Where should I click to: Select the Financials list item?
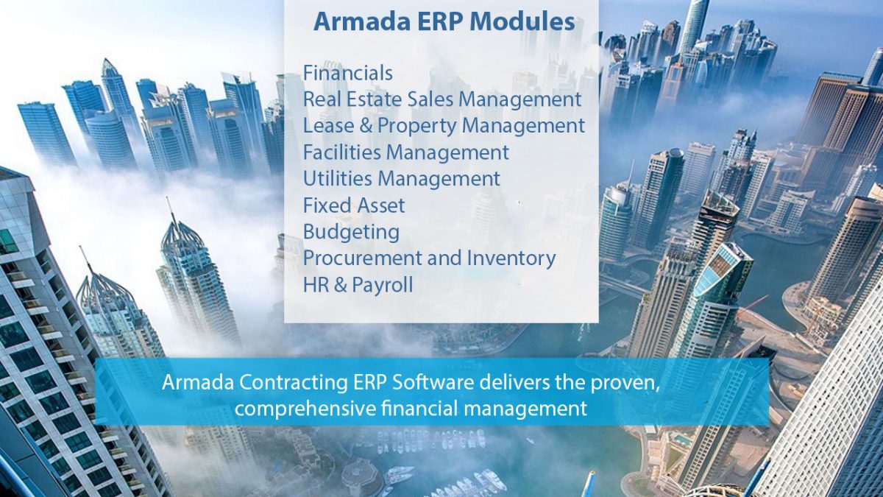tap(347, 73)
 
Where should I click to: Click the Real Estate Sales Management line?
tap(442, 99)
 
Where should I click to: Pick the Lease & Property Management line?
tap(444, 126)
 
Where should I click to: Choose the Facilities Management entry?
tap(405, 152)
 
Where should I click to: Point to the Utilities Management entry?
tap(401, 179)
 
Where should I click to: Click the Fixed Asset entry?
tap(354, 205)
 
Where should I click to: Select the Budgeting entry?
tap(351, 232)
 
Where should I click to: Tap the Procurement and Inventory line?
tap(429, 258)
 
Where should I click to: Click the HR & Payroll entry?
tap(358, 285)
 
